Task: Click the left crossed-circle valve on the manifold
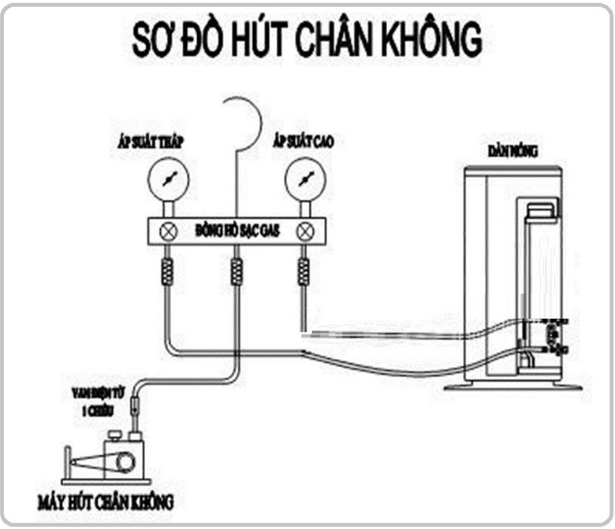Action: click(167, 232)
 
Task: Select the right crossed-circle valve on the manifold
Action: click(304, 232)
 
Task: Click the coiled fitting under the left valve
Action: click(167, 272)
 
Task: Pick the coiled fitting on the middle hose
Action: click(236, 272)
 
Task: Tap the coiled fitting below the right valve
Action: click(304, 272)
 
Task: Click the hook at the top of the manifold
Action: click(243, 118)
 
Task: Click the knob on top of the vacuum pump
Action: click(116, 434)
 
